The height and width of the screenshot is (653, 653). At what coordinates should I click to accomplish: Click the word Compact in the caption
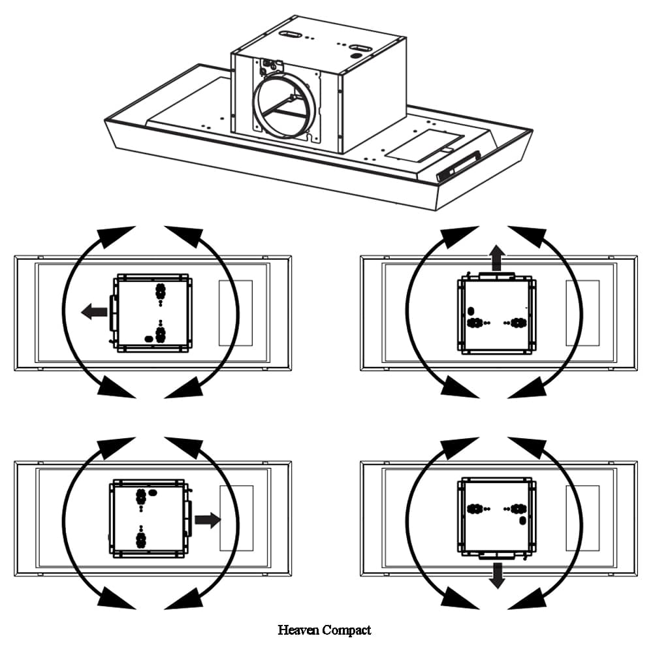[347, 630]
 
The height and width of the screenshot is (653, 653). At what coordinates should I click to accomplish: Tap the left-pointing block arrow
[94, 312]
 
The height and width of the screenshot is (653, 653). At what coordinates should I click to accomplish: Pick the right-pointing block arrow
[208, 520]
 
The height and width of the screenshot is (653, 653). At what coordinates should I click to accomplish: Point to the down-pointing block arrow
[498, 574]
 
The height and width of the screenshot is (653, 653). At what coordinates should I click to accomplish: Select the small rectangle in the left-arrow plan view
[236, 313]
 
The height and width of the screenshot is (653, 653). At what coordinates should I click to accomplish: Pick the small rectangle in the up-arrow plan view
[582, 313]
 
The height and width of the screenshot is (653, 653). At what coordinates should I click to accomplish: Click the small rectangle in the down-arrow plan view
[582, 517]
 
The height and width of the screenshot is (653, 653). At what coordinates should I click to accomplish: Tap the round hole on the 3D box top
[356, 57]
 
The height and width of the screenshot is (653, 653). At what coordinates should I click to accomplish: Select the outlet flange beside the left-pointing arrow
[114, 312]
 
